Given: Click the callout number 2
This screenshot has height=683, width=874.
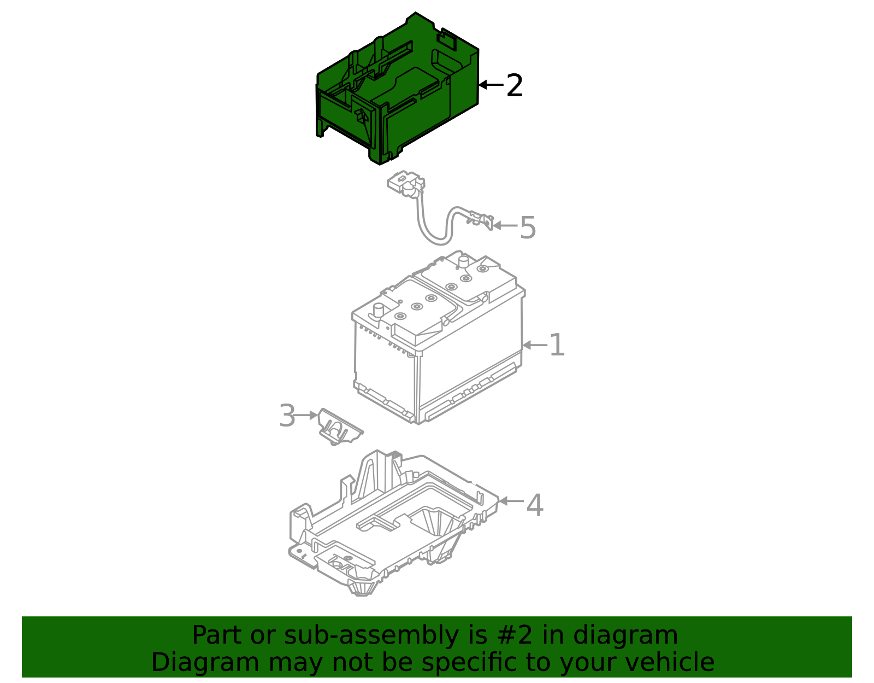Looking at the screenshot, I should [x=515, y=86].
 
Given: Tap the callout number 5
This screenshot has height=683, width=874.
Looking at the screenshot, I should [x=528, y=227].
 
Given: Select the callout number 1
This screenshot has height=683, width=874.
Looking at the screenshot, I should [x=557, y=346].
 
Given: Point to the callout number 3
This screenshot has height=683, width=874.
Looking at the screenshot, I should [x=287, y=416].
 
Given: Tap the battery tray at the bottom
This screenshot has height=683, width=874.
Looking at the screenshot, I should [x=393, y=525].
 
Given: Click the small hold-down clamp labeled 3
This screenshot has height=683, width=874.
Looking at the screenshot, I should [x=339, y=428].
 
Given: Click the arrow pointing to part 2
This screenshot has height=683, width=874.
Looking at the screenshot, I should [x=490, y=85].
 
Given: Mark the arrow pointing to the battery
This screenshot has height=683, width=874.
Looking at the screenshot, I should [x=534, y=345].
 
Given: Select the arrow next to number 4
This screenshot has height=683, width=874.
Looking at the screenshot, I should [x=511, y=501].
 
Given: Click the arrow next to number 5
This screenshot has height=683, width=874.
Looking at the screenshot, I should [x=505, y=225].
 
